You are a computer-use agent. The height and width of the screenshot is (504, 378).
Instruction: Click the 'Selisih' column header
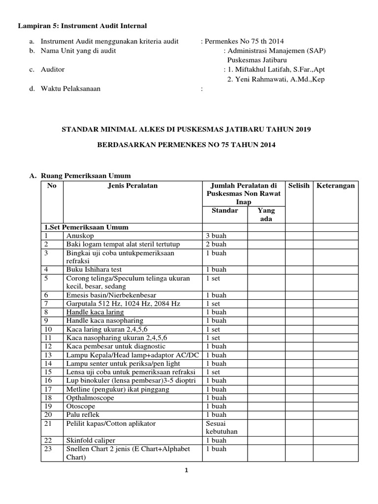click(299, 186)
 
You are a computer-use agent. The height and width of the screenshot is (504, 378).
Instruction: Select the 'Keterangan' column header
click(336, 186)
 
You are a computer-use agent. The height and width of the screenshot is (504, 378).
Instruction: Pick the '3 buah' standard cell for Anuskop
click(216, 236)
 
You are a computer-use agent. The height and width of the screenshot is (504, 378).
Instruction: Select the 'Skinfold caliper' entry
click(88, 441)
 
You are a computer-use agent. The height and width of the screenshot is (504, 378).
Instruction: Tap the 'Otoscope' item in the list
click(81, 407)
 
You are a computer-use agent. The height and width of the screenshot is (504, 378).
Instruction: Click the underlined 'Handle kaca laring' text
click(95, 312)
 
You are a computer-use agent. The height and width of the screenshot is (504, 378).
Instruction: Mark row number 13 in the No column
click(48, 355)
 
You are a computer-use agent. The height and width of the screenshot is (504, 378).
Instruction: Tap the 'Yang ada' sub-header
click(266, 215)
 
